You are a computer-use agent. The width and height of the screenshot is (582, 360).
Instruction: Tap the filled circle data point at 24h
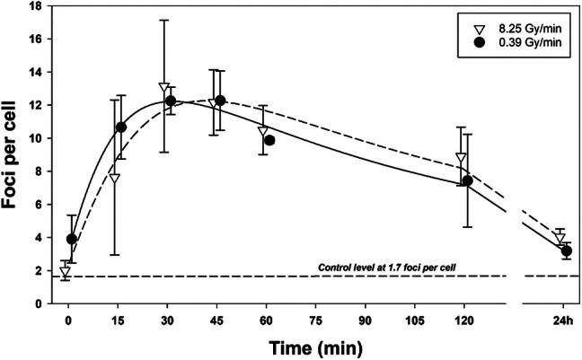tap(567, 251)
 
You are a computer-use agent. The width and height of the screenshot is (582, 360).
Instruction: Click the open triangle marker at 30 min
tap(163, 88)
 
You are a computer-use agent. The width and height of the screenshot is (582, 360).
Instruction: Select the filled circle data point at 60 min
tap(269, 140)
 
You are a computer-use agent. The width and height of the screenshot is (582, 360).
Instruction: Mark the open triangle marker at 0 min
tap(65, 272)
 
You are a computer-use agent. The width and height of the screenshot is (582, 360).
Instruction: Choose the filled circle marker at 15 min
tap(121, 127)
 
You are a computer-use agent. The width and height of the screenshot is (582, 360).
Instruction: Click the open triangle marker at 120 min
tap(461, 158)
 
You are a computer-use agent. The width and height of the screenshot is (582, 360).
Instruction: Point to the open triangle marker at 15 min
tap(114, 178)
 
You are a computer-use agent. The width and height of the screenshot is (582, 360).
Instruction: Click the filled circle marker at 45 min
tap(220, 101)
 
